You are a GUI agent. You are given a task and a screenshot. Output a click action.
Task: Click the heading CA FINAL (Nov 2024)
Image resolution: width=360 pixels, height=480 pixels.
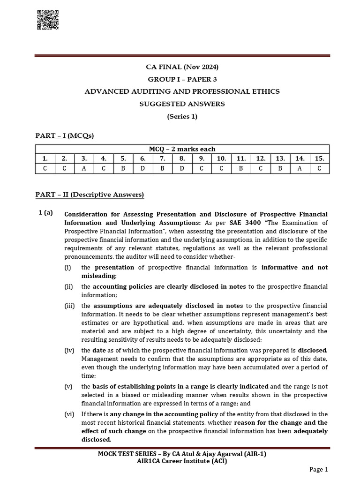(182, 67)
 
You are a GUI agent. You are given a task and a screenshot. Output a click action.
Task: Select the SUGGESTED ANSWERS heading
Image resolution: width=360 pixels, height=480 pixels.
(182, 104)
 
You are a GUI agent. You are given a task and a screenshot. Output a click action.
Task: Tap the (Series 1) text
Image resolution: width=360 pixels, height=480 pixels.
(182, 116)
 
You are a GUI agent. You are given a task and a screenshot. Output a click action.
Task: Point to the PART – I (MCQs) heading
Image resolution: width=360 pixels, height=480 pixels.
(65, 136)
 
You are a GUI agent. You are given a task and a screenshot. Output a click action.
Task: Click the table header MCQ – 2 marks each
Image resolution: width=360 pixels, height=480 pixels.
(182, 149)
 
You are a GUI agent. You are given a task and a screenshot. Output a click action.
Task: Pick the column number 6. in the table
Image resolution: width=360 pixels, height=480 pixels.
(142, 158)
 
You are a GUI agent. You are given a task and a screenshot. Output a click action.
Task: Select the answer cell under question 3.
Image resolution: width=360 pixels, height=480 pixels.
(84, 168)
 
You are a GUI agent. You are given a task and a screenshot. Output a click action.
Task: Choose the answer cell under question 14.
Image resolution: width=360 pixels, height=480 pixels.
(300, 168)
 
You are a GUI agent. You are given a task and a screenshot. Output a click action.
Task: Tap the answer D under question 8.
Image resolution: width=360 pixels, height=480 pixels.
(182, 168)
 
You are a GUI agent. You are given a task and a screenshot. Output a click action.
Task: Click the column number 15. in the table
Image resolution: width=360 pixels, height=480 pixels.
(319, 158)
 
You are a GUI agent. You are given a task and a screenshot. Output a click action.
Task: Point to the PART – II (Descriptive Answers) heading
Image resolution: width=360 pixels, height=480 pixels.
(90, 194)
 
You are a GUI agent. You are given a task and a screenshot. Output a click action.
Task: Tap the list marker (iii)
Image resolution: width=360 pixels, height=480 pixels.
(70, 306)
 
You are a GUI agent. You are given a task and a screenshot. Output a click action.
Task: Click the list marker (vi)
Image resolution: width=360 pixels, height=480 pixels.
(70, 414)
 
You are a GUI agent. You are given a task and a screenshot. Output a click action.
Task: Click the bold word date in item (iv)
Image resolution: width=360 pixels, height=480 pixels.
(99, 350)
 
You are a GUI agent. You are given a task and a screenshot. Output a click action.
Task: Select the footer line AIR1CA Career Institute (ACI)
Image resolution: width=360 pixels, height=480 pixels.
(182, 461)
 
